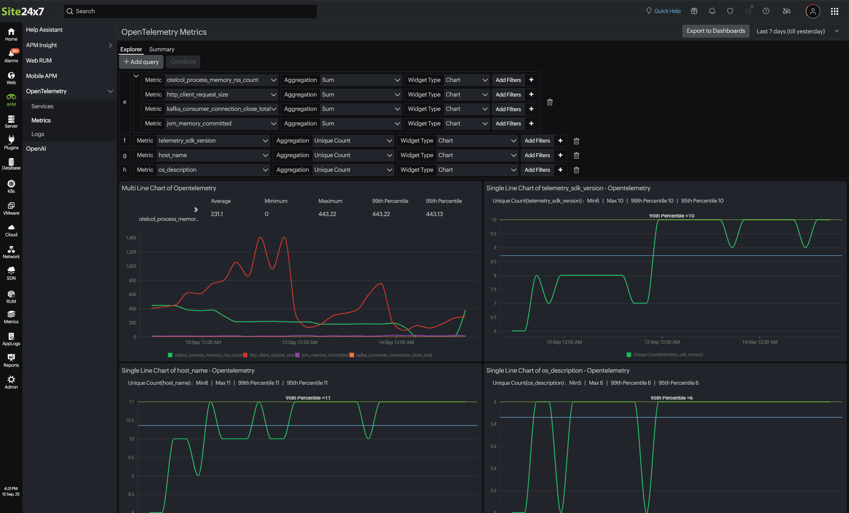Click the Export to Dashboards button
[x=715, y=31]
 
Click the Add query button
[x=141, y=62]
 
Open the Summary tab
[x=162, y=49]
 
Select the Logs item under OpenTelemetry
[x=38, y=134]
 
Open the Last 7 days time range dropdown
[x=797, y=31]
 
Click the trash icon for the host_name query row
[x=576, y=155]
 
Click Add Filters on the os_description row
[x=537, y=170]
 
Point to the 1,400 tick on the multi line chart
[x=131, y=238]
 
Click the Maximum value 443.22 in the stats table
[x=327, y=214]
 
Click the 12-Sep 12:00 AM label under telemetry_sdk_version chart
[x=661, y=342]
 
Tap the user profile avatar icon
[x=813, y=11]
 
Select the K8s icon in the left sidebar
[x=11, y=186]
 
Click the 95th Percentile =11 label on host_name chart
[x=308, y=398]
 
